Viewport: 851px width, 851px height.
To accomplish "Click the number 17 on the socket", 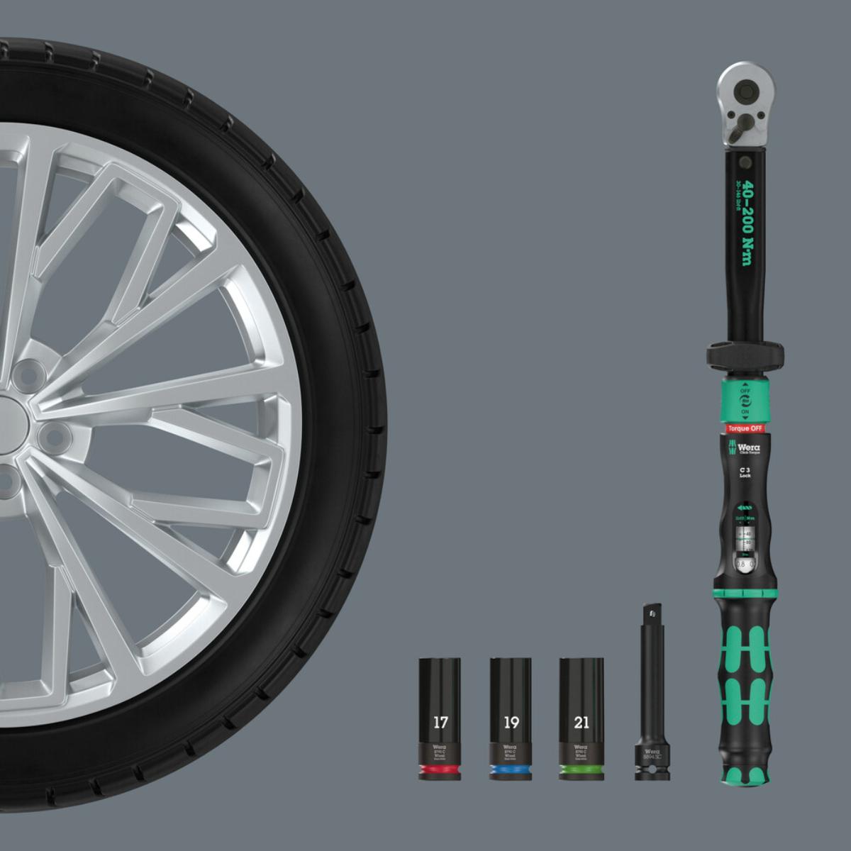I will [x=440, y=723].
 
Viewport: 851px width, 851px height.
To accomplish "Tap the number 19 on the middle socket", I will [x=511, y=723].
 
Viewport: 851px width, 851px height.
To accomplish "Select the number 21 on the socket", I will [x=582, y=723].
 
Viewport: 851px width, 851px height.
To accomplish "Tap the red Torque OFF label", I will [x=745, y=428].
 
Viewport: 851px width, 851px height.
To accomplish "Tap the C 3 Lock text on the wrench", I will [x=745, y=472].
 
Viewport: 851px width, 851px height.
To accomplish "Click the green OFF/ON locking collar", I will [x=745, y=401].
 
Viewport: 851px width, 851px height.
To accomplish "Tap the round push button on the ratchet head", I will [x=745, y=90].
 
